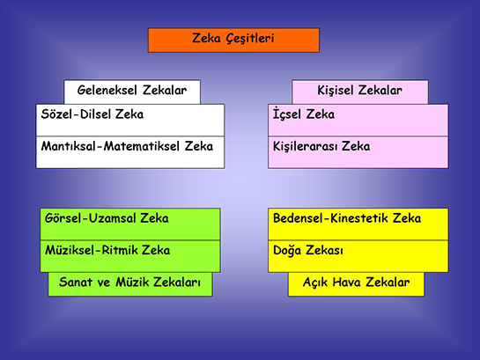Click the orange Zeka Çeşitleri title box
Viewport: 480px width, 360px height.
pos(233,40)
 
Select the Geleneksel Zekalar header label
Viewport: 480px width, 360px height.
pos(132,92)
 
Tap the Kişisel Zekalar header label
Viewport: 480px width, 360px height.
pos(359,92)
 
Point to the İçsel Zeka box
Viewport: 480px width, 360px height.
pos(358,120)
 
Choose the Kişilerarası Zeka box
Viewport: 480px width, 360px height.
pos(358,151)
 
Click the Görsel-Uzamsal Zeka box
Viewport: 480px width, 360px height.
pos(129,224)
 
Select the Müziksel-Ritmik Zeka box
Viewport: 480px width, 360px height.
pos(129,255)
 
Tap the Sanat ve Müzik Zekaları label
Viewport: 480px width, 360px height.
pos(129,283)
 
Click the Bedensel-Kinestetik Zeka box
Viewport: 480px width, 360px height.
pos(358,224)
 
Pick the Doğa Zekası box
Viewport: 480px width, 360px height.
pos(358,255)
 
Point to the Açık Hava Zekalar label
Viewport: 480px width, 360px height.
pos(356,283)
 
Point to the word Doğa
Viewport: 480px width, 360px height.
pos(289,251)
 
